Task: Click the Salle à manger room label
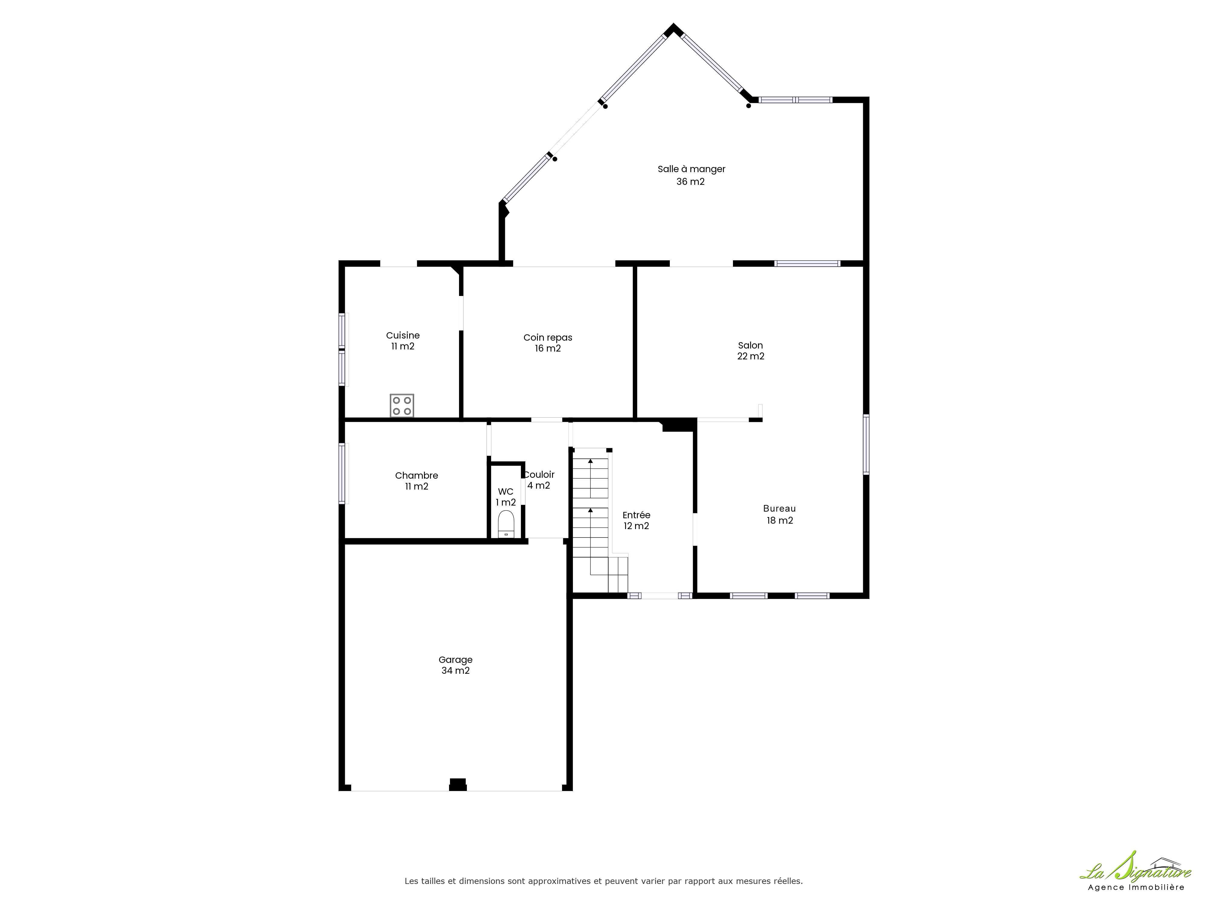691,169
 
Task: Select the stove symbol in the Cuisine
402,406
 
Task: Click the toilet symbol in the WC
506,524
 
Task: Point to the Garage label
455,660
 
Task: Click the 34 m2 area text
455,671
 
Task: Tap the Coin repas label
548,338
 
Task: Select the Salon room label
750,345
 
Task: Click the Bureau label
779,509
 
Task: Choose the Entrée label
636,515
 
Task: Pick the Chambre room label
417,476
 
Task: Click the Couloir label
540,474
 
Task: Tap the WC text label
506,491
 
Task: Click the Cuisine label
403,335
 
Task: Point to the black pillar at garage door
458,785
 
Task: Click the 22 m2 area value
751,356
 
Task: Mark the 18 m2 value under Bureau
780,520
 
